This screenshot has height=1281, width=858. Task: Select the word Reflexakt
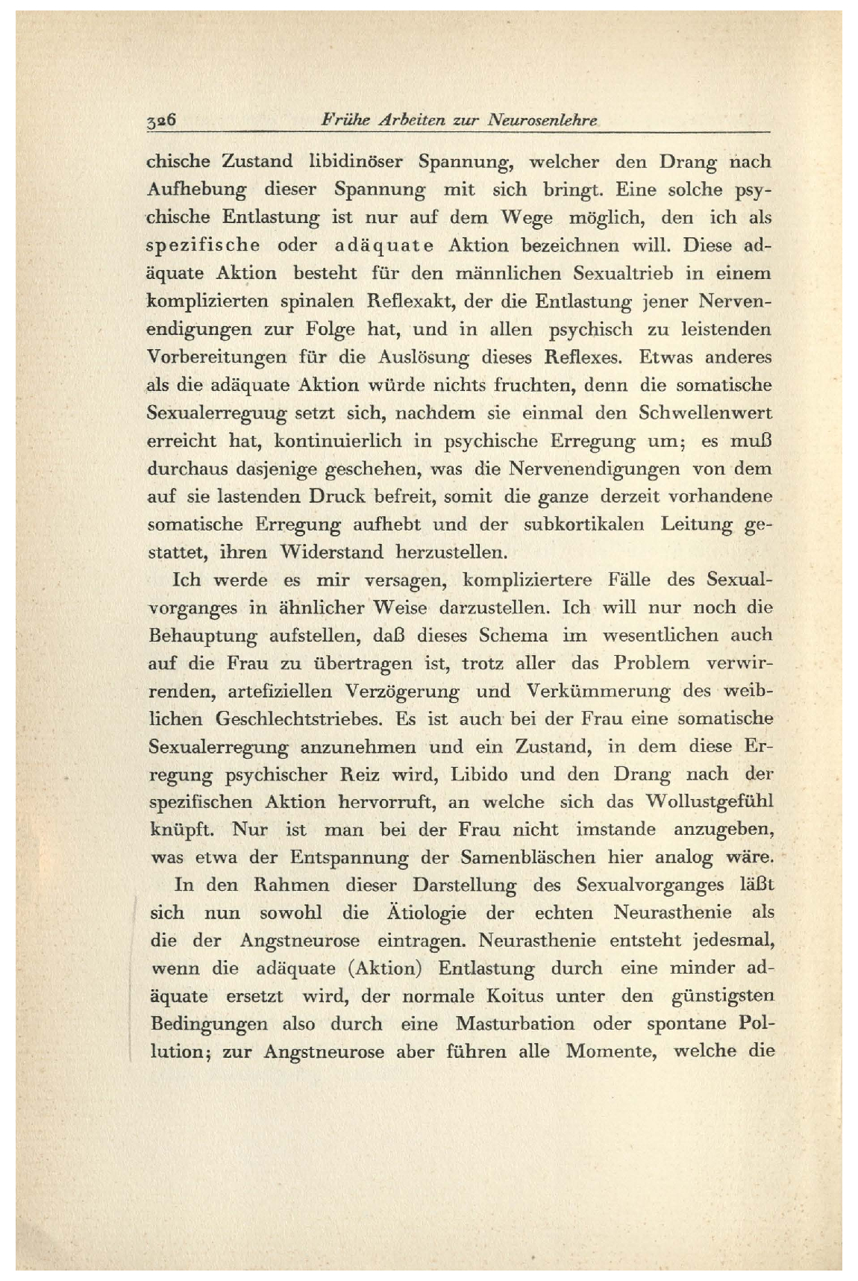coord(411,301)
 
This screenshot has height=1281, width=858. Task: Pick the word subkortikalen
coord(583,524)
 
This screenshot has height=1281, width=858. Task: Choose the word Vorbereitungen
coord(216,357)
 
